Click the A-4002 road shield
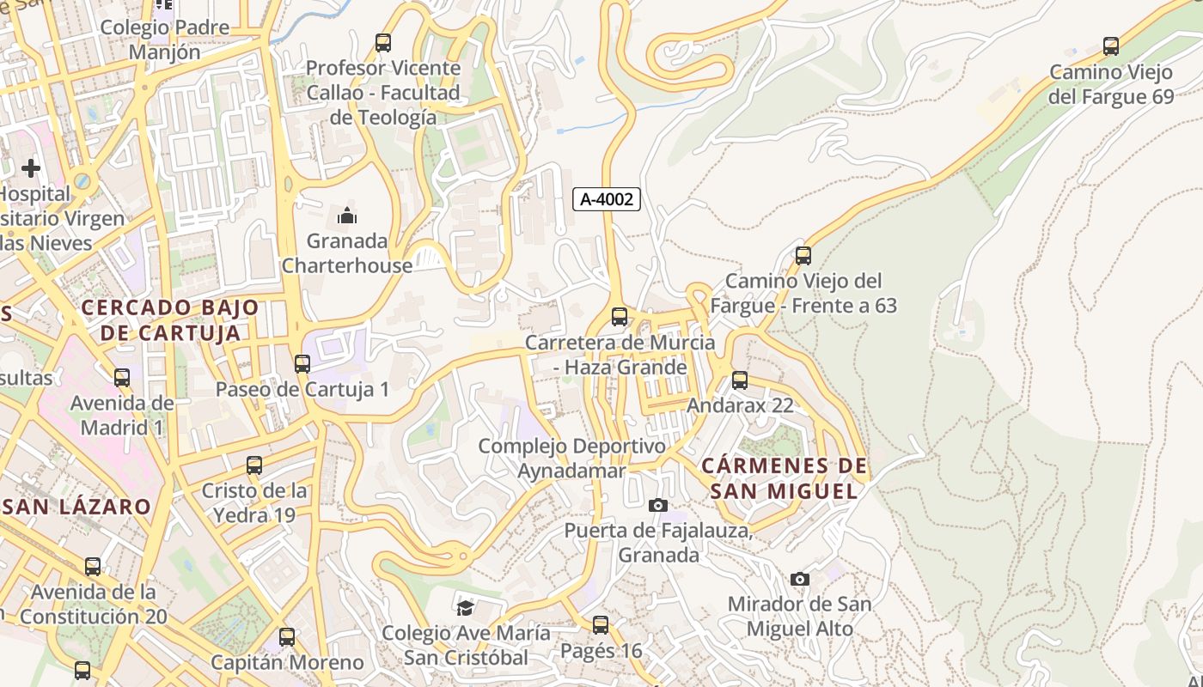[x=607, y=199]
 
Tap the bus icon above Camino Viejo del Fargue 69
[x=1111, y=46]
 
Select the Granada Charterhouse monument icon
[x=347, y=216]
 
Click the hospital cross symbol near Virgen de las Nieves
[x=31, y=167]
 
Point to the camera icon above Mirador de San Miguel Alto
[x=800, y=580]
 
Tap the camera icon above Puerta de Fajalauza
[x=658, y=506]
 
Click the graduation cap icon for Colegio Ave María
[x=465, y=608]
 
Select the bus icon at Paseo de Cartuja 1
[x=302, y=364]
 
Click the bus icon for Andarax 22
[x=740, y=380]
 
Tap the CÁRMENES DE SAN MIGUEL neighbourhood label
[x=784, y=478]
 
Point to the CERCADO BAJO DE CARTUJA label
[x=170, y=319]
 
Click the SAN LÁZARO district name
[x=77, y=507]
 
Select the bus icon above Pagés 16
[x=601, y=625]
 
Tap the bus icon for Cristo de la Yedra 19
[x=254, y=465]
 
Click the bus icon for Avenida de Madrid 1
[x=122, y=378]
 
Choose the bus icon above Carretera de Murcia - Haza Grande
[x=620, y=317]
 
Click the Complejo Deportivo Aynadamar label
[x=571, y=459]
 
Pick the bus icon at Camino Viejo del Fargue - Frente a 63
[x=803, y=256]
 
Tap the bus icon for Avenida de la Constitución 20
[x=93, y=567]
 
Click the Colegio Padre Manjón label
[x=165, y=40]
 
